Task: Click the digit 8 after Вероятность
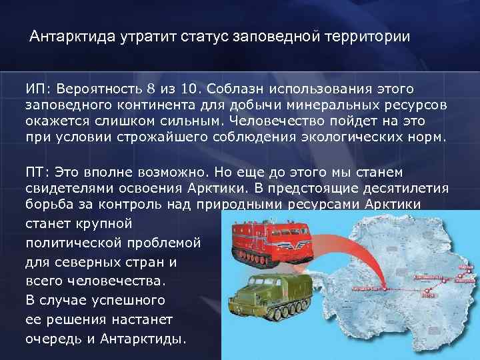(151, 89)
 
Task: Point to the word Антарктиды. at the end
(140, 339)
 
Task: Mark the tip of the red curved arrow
(383, 286)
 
